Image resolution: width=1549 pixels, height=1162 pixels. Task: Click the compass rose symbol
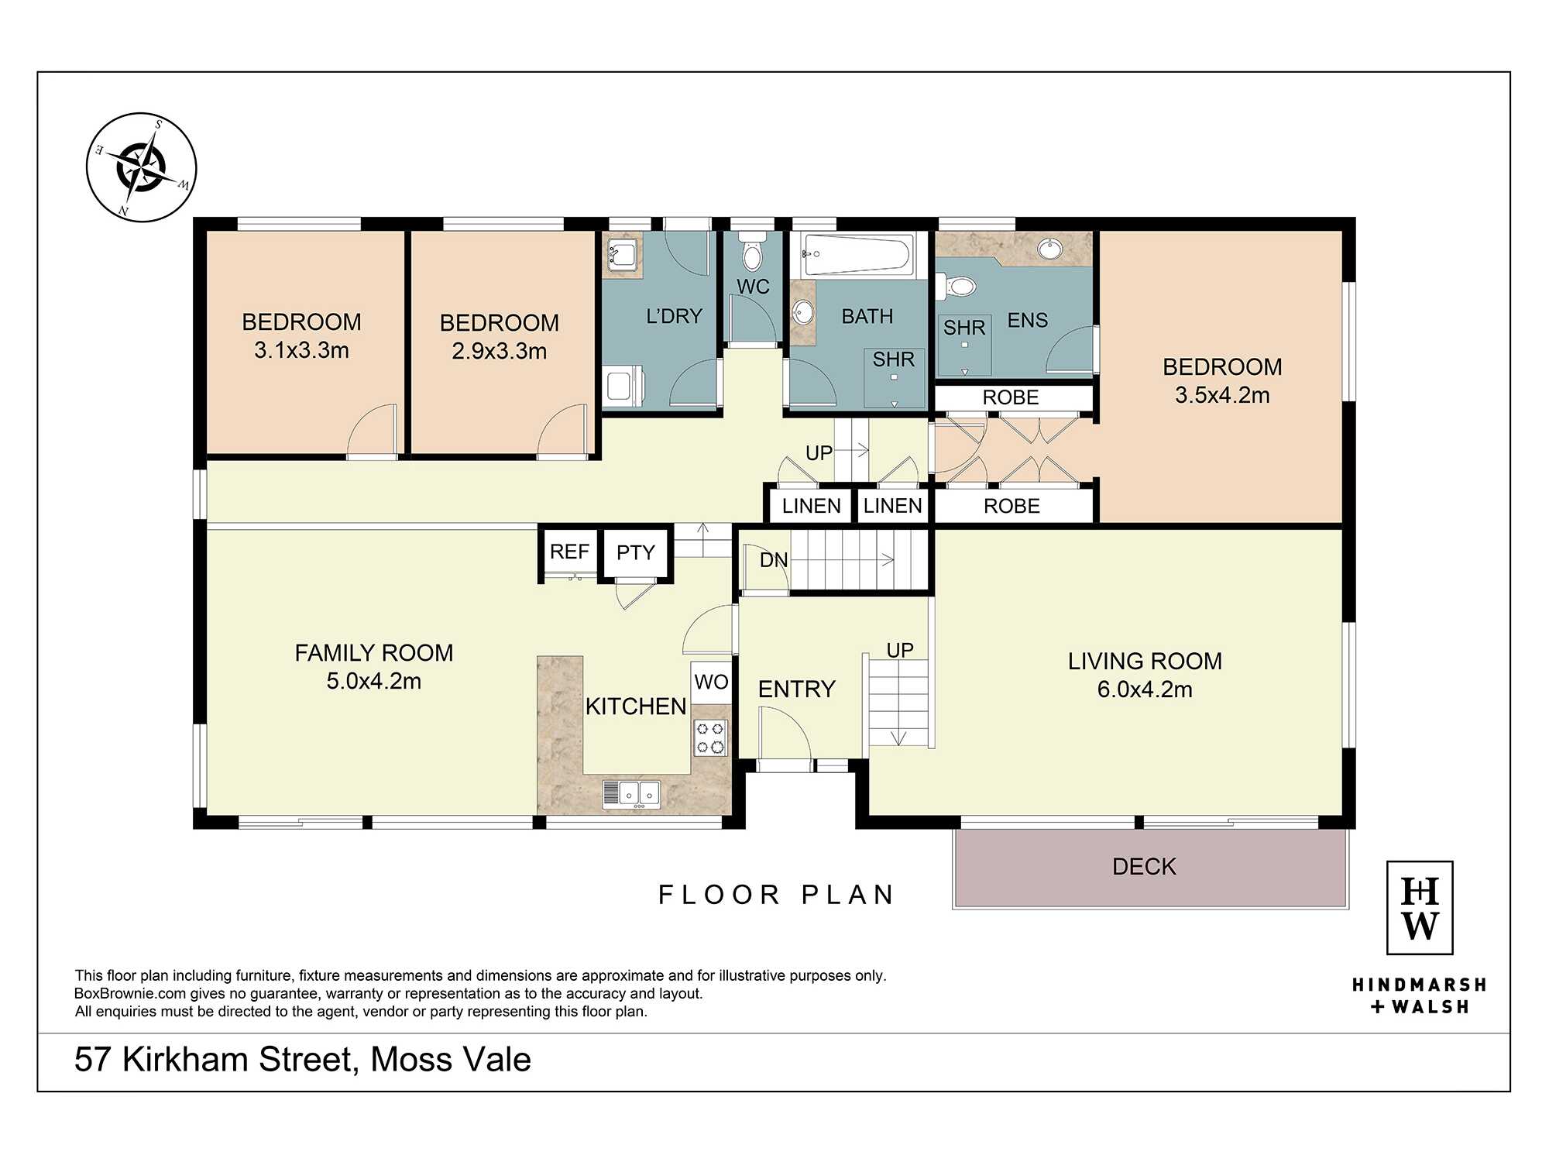tap(141, 167)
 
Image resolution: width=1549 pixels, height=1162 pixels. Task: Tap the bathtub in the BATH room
tap(857, 254)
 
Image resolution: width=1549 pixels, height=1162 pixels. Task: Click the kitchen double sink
tap(631, 793)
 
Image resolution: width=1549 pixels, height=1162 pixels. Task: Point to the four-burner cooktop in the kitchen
tap(710, 737)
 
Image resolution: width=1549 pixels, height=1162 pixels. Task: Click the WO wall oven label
tap(711, 682)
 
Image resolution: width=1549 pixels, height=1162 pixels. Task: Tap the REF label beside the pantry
tap(569, 552)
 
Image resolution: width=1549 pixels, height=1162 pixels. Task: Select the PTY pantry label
tap(636, 552)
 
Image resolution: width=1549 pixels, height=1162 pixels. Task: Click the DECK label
tap(1144, 866)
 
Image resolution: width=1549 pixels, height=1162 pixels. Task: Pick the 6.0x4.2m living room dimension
tap(1145, 689)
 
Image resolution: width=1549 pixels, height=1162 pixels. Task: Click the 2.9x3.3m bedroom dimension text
tap(500, 351)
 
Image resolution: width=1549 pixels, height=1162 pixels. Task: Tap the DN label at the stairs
tap(774, 560)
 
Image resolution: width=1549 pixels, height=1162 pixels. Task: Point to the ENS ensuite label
tap(1027, 320)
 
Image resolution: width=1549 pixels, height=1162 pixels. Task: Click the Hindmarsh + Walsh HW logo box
tap(1420, 907)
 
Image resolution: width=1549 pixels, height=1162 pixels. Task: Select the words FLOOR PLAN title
tap(776, 895)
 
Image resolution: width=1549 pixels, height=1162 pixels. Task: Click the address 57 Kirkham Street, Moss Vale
tap(303, 1060)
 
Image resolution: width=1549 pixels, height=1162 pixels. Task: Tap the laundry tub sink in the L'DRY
tap(623, 254)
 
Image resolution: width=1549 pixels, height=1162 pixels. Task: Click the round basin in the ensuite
tap(1050, 249)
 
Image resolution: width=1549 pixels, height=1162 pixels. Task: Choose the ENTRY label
tap(796, 689)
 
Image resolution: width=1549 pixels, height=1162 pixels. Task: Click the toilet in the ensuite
tap(957, 287)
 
